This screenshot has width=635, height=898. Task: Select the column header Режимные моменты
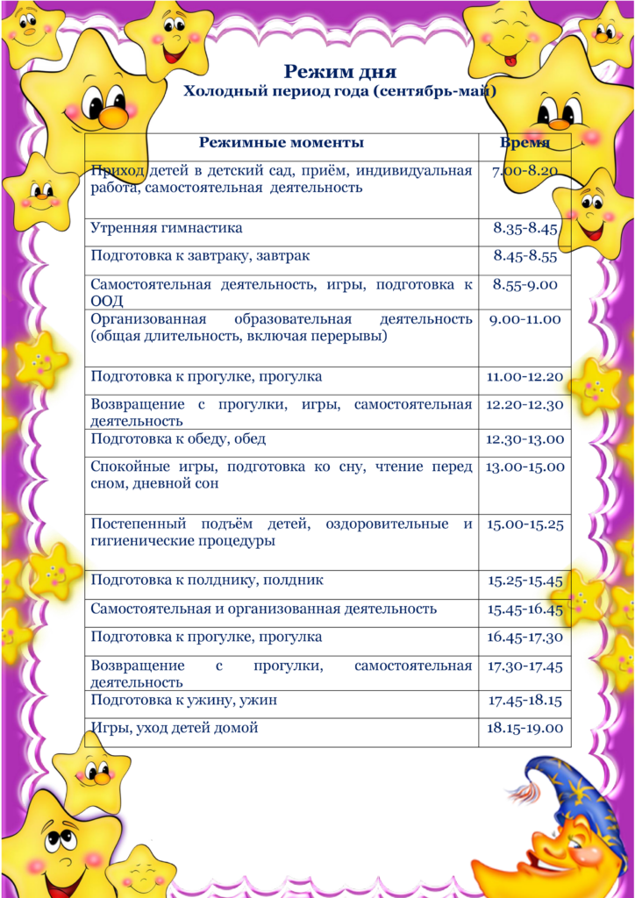point(281,143)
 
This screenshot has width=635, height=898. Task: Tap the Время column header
point(525,143)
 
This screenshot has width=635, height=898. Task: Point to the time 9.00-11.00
point(524,319)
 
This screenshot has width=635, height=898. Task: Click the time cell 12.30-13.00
point(524,439)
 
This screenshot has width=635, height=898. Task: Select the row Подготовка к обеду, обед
point(178,438)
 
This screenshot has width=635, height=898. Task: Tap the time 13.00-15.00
point(524,467)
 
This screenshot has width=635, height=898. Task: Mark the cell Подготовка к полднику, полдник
point(207,581)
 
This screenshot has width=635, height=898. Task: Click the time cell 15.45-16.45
point(524,609)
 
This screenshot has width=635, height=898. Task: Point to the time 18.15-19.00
point(524,728)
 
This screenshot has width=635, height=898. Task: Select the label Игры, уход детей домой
point(175,727)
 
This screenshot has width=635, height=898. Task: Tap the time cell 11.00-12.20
point(524,377)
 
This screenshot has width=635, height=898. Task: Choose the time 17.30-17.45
point(524,666)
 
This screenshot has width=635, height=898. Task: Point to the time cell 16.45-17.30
point(524,637)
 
